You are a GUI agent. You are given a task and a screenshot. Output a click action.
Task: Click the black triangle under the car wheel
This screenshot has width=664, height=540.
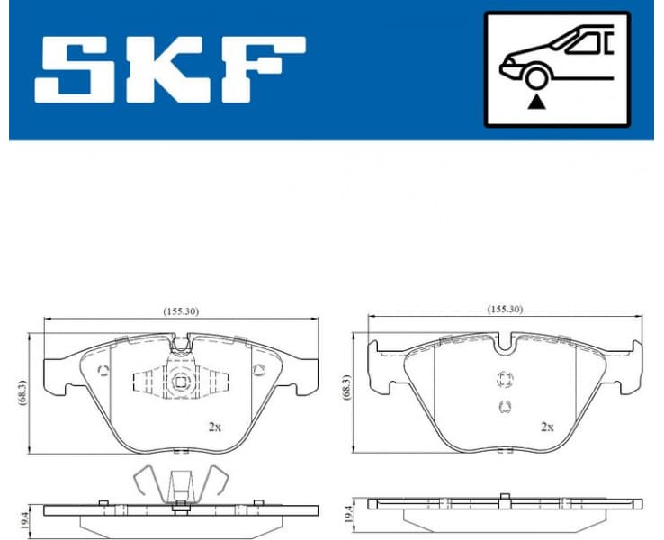[x=537, y=102]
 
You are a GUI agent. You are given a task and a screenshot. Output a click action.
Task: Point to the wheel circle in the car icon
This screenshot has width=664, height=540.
[x=537, y=78]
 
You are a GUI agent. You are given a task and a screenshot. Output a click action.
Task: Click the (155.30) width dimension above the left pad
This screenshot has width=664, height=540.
[x=181, y=310]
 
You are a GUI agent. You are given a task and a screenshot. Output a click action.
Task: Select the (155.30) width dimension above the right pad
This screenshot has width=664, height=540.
[x=505, y=309]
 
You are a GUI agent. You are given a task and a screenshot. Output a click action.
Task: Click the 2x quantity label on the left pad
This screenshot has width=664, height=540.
[x=214, y=427]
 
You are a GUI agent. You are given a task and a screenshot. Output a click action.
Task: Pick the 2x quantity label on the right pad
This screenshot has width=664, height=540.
[x=546, y=427]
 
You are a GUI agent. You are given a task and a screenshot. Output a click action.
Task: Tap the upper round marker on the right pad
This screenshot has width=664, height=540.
[x=504, y=379]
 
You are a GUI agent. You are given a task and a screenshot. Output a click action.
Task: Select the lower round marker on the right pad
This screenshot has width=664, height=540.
[x=504, y=407]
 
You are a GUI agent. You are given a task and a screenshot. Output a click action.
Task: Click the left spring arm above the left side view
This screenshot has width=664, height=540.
[x=146, y=482]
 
